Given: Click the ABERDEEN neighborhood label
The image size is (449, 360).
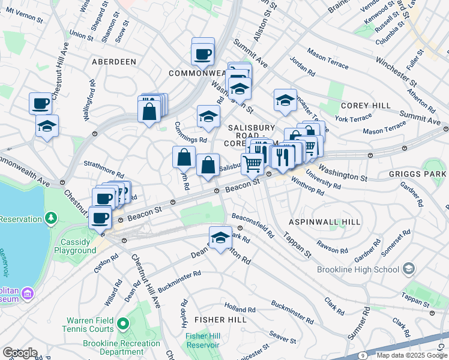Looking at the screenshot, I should click(111, 62).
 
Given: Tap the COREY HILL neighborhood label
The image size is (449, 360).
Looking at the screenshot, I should click(366, 106).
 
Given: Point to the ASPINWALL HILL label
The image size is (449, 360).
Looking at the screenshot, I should click(325, 222).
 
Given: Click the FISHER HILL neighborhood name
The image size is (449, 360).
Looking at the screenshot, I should click(220, 320).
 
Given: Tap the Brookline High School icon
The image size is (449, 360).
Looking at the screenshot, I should click(410, 268).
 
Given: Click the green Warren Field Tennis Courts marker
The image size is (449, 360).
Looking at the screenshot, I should click(123, 325).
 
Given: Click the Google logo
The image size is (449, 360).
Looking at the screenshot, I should click(20, 353).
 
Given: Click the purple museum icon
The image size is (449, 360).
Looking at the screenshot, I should click(27, 294).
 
